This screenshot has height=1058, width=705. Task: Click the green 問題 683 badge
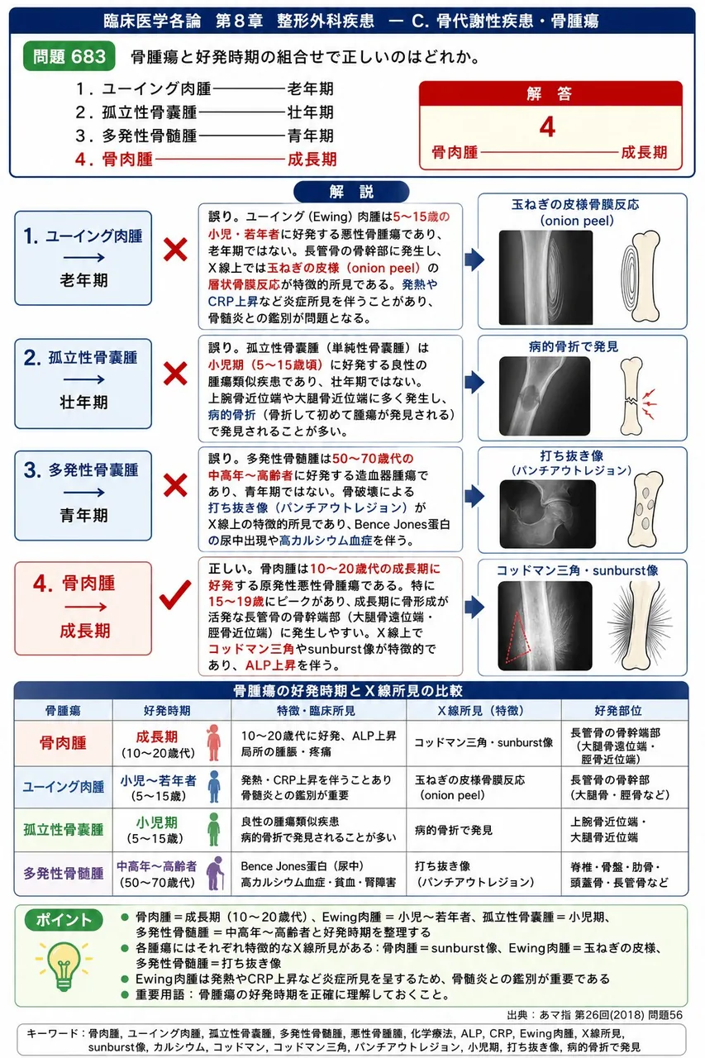coord(69,56)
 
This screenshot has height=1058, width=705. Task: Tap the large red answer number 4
coord(547,127)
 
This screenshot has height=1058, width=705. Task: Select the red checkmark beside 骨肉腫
coord(174,594)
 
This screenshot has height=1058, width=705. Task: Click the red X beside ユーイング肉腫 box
coord(175,250)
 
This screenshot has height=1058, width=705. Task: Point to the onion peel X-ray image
coord(545,277)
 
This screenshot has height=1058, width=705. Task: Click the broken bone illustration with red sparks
coord(636,396)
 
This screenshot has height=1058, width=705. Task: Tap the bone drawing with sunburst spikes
coord(640,626)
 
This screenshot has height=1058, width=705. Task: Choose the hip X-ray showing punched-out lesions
coord(547,514)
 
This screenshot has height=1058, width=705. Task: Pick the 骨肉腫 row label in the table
coord(63,743)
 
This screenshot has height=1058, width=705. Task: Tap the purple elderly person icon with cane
coord(216,874)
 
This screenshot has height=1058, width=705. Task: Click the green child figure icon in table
coord(214,829)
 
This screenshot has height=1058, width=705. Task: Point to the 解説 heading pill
coord(351,191)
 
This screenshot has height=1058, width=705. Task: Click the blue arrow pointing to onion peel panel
coord(474,260)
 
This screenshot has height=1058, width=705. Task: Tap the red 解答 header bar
coord(550,93)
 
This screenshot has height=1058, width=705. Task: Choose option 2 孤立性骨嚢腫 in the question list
coord(136,112)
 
